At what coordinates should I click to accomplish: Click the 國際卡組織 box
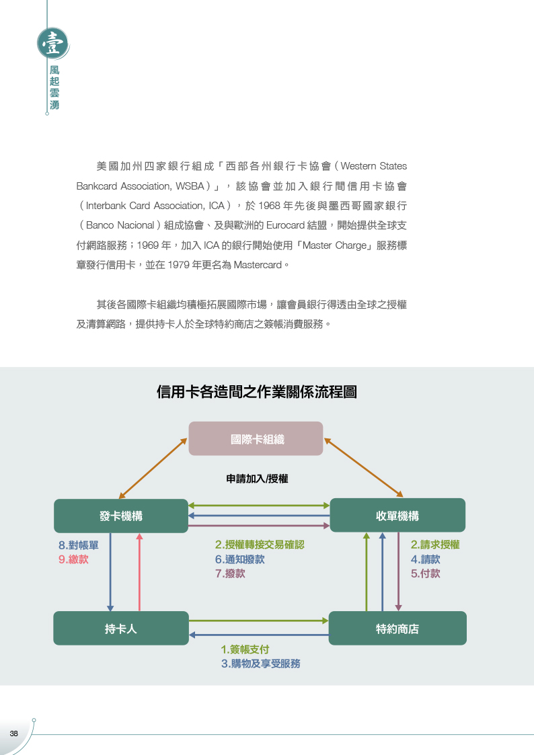pyautogui.click(x=256, y=438)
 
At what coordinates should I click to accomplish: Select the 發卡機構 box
pyautogui.click(x=121, y=516)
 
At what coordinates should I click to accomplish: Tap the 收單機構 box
pyautogui.click(x=397, y=515)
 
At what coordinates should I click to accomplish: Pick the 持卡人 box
pyautogui.click(x=121, y=629)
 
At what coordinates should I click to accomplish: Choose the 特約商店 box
pyautogui.click(x=397, y=629)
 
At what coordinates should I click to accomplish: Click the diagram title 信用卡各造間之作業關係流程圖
pyautogui.click(x=257, y=392)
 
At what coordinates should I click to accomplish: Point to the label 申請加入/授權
pyautogui.click(x=257, y=479)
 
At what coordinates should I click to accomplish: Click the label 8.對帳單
pyautogui.click(x=79, y=545)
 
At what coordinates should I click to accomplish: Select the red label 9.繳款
pyautogui.click(x=73, y=559)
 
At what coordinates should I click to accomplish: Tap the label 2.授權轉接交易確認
pyautogui.click(x=260, y=545)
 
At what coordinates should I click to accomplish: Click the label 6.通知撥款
pyautogui.click(x=240, y=559)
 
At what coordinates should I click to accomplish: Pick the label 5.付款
pyautogui.click(x=425, y=573)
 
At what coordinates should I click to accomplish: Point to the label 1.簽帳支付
pyautogui.click(x=245, y=649)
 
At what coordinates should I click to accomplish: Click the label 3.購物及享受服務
pyautogui.click(x=260, y=664)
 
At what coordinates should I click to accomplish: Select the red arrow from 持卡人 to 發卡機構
pyautogui.click(x=140, y=572)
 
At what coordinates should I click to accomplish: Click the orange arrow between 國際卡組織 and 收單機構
pyautogui.click(x=364, y=467)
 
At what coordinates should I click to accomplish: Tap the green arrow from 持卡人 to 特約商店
pyautogui.click(x=258, y=621)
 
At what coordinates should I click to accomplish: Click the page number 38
pyautogui.click(x=13, y=733)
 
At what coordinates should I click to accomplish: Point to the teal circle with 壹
pyautogui.click(x=52, y=44)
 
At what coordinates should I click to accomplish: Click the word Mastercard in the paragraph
pyautogui.click(x=258, y=265)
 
